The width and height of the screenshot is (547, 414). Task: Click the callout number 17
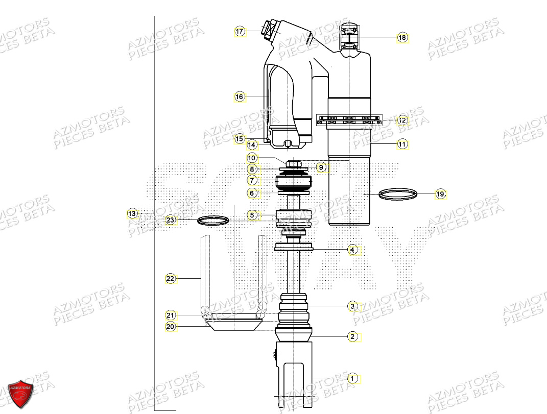(240, 32)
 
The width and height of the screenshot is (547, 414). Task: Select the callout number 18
(402, 37)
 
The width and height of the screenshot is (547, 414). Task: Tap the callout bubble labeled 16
(240, 96)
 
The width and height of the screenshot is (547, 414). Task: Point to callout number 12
(402, 120)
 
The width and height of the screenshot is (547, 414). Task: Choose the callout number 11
(402, 144)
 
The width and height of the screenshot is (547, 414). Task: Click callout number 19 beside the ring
(440, 194)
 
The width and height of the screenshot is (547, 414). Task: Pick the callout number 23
(170, 221)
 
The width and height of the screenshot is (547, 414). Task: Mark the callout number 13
(132, 213)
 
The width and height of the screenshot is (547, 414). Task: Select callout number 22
(170, 279)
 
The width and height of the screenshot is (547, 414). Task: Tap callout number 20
(170, 327)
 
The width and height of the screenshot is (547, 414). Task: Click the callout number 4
(352, 250)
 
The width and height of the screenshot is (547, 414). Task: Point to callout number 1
(352, 378)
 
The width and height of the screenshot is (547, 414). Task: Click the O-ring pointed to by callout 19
(398, 194)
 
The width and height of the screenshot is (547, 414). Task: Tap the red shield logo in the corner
(21, 394)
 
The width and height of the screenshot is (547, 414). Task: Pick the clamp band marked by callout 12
(349, 120)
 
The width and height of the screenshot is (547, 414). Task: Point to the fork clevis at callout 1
(294, 373)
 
